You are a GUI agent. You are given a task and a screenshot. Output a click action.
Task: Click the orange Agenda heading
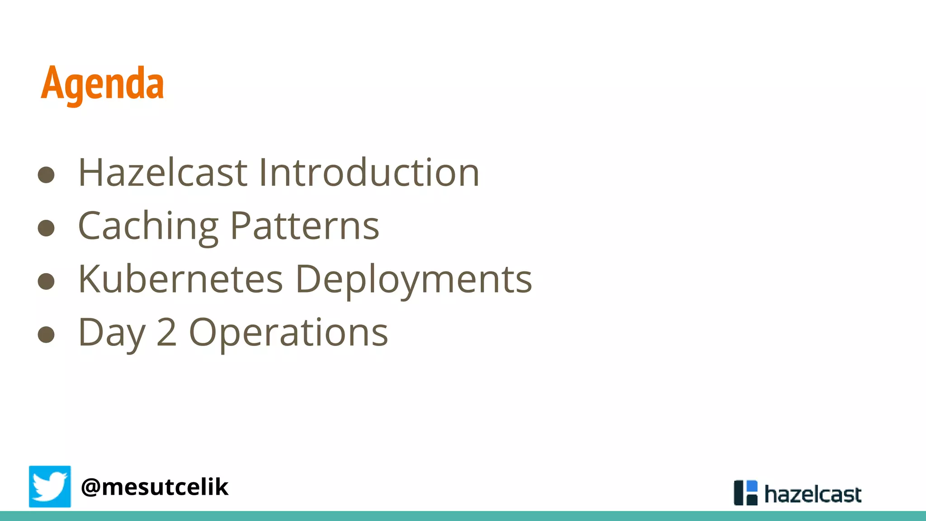point(102,84)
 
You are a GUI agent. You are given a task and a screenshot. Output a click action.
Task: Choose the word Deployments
point(414,280)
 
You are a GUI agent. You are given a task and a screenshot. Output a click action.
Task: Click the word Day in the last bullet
point(111,333)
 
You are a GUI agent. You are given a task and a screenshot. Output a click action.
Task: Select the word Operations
point(288,333)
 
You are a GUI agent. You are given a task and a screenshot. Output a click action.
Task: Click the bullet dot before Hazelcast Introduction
point(46,175)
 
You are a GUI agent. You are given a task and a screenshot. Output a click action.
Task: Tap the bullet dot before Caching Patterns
point(46,228)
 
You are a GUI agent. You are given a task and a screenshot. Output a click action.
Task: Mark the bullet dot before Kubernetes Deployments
point(46,281)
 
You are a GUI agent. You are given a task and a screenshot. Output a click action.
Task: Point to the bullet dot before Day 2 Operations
point(46,335)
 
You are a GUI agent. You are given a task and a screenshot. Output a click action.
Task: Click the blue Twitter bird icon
point(50,487)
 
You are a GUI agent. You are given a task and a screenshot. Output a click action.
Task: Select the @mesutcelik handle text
point(155,487)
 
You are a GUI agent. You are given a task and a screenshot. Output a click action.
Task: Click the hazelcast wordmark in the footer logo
point(813,494)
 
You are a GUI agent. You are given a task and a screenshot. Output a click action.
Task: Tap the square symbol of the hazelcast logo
point(745,493)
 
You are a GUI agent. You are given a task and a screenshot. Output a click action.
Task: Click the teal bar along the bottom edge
point(463,516)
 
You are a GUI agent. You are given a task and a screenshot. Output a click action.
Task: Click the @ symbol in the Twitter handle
point(90,488)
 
